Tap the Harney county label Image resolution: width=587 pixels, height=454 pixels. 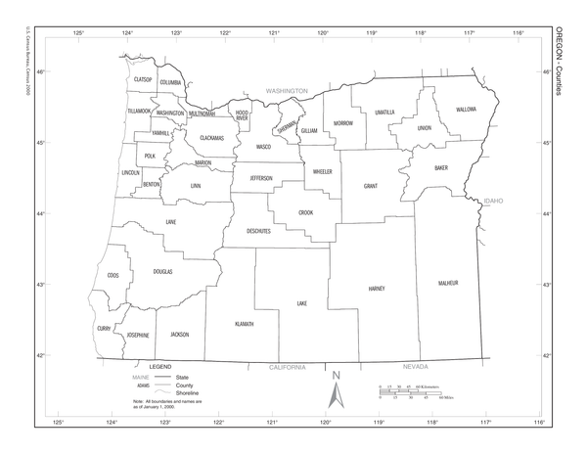(377, 289)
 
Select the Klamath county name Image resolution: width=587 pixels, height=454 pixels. (244, 324)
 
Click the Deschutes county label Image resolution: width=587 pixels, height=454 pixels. (258, 231)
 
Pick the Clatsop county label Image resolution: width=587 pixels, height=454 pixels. (144, 79)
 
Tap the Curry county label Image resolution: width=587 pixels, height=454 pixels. (103, 329)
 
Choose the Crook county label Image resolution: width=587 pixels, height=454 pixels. (306, 211)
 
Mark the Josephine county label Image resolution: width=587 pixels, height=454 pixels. (137, 336)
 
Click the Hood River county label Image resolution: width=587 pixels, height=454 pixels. (242, 114)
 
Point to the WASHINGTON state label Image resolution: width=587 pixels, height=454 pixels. (287, 91)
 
